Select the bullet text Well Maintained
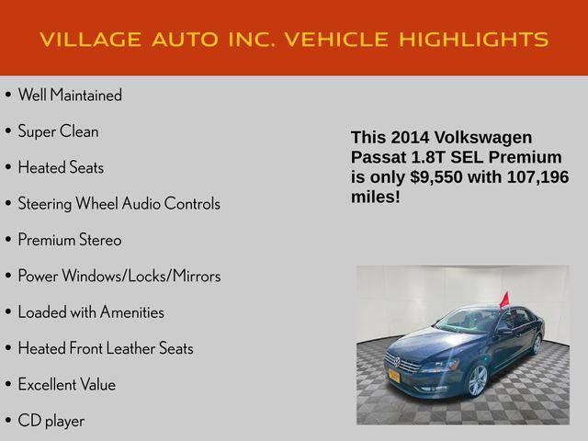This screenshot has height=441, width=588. coord(70,96)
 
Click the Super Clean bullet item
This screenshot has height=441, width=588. coord(58,131)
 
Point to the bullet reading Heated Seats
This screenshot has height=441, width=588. coord(61,168)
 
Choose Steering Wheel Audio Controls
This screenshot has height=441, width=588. coord(119,204)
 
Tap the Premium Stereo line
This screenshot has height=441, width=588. coord(70,240)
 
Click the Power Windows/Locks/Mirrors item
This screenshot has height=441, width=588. coord(119,276)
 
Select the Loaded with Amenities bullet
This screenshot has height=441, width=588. coord(91,312)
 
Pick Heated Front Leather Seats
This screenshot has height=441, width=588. coord(106,348)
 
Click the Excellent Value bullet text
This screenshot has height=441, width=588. coord(67,384)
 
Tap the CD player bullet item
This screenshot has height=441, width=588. coord(51,421)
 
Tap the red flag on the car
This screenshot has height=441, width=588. coord(503,300)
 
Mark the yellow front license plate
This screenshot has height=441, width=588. coord(395,376)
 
